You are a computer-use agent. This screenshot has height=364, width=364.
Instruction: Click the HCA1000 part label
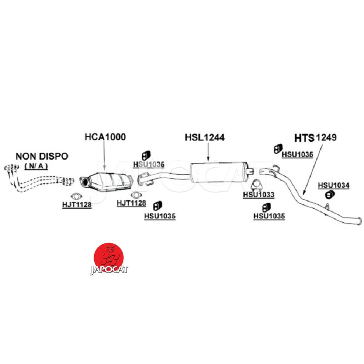coord(105,136)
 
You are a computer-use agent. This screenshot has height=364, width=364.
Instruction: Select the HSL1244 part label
coord(205,136)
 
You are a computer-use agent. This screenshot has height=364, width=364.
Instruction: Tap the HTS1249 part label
coord(315,137)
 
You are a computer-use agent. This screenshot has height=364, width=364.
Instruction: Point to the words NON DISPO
coord(42,156)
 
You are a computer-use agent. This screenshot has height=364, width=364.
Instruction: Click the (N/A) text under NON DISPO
coord(35,166)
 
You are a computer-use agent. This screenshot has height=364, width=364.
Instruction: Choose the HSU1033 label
coord(258,195)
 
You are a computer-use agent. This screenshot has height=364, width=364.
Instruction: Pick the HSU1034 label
coord(334,185)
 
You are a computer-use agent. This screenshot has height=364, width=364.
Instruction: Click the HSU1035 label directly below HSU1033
coord(269,216)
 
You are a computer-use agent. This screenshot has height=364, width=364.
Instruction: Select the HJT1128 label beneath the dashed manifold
coord(77,205)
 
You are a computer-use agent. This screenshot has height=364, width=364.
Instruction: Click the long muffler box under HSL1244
coord(222,172)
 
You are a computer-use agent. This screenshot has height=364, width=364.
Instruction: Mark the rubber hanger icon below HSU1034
coord(330,195)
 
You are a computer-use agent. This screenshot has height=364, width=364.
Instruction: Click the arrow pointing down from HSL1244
coord(207,151)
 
